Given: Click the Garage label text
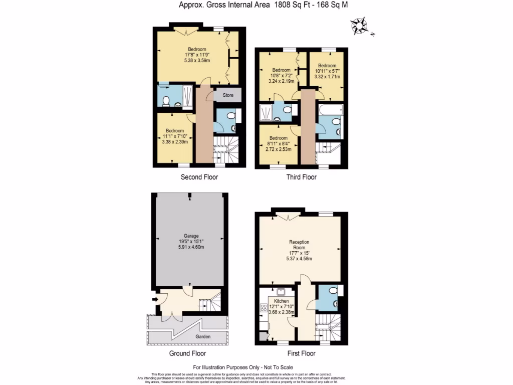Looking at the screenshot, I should [x=191, y=236].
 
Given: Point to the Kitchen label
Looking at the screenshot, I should [x=281, y=301].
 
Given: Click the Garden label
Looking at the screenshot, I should [x=203, y=337].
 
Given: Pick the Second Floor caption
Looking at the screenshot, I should [x=199, y=177].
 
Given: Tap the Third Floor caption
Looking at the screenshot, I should [x=301, y=177].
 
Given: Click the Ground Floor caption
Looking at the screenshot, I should [x=187, y=353].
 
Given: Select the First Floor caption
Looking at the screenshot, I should [x=301, y=353].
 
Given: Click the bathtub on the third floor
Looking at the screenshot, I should [x=330, y=109].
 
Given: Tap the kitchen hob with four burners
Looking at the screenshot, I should [x=264, y=308].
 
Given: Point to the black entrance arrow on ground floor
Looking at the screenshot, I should [x=155, y=300].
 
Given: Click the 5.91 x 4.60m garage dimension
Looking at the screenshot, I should [x=191, y=247].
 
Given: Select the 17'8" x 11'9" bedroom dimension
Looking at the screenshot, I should [x=197, y=55].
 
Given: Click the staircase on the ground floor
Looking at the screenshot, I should [x=210, y=302].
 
